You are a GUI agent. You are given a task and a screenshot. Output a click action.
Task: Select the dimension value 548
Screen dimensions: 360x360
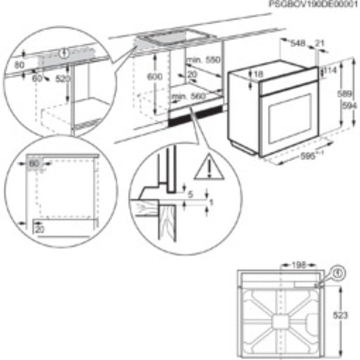pos(297,43)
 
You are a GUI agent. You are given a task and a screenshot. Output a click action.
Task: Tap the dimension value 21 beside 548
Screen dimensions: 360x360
pos(320,43)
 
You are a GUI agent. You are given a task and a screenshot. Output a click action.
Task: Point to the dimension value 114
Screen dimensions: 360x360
pos(330,70)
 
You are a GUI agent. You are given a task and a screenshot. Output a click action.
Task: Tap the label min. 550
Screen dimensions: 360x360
pos(203,60)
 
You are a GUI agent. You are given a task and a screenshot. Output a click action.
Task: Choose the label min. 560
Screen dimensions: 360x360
pos(188,96)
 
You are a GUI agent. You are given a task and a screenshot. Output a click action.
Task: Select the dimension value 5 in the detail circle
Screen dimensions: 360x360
pos(191,195)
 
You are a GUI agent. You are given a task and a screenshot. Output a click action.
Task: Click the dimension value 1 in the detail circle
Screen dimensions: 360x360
pos(211,202)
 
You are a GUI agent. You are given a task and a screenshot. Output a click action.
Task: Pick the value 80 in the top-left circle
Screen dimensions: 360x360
pos(20,66)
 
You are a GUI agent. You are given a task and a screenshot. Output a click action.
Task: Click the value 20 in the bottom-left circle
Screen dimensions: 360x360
pos(39,229)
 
